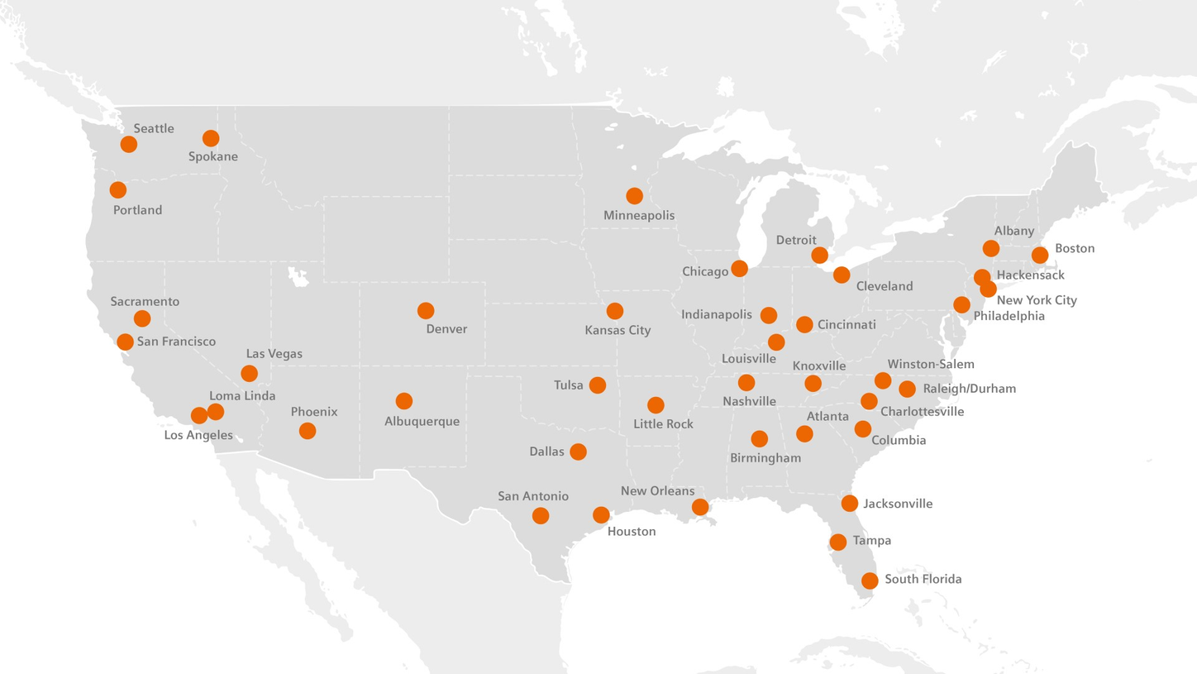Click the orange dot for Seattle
pos(128,145)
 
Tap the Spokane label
pos(212,156)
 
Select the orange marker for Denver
pos(426,311)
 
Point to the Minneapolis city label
pos(639,215)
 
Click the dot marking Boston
pos(1040,255)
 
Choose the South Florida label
pos(923,579)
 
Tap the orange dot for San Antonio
pos(541,516)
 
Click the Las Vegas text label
pos(274,353)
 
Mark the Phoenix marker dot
pos(308,431)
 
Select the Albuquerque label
pos(422,421)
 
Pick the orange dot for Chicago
pos(740,268)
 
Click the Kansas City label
pos(618,330)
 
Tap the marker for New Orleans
pos(700,507)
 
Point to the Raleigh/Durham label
pos(969,388)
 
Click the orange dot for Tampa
pos(838,543)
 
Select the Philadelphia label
pos(1009,316)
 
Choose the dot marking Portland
pos(118,190)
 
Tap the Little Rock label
pos(663,423)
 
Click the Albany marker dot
pos(991,248)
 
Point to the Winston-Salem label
pos(931,364)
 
